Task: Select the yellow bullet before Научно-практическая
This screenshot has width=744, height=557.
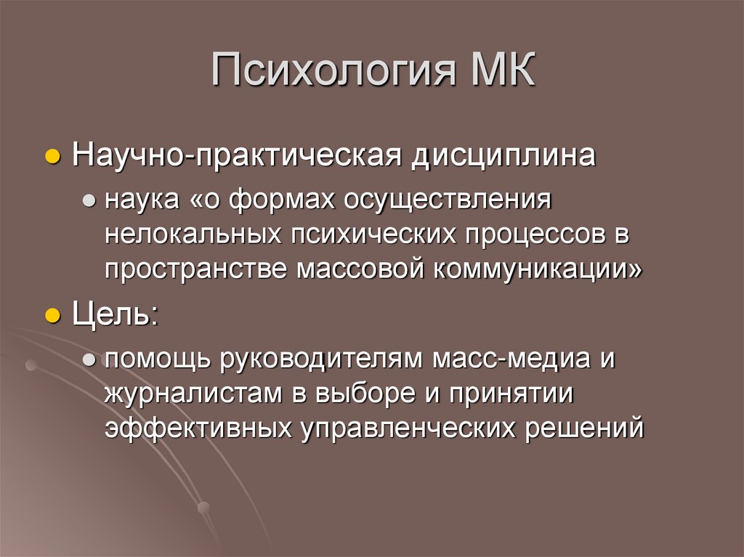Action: tap(52, 158)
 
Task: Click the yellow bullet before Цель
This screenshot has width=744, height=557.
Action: tap(52, 317)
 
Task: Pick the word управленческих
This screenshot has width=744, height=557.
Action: tap(406, 428)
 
